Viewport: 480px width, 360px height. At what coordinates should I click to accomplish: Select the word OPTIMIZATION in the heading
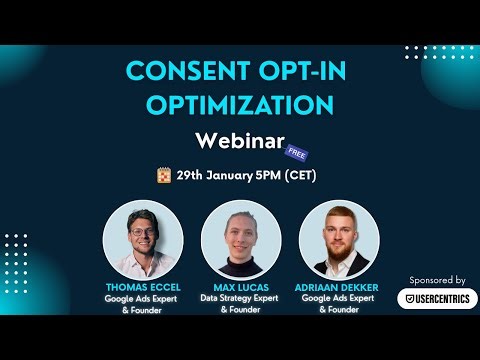pyautogui.click(x=241, y=105)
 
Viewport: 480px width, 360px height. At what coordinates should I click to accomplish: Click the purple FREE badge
pyautogui.click(x=296, y=152)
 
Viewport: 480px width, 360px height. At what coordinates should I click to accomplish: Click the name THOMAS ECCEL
pyautogui.click(x=143, y=286)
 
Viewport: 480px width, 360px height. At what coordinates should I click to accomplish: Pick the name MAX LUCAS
pyautogui.click(x=240, y=286)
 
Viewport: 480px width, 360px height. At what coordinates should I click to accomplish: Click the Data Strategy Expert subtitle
pyautogui.click(x=240, y=298)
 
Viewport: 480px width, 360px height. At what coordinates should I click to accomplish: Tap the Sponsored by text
pyautogui.click(x=437, y=280)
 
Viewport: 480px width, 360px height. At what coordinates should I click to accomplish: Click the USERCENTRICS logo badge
pyautogui.click(x=437, y=298)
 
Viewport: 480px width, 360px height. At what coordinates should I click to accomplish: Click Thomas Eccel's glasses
pyautogui.click(x=143, y=232)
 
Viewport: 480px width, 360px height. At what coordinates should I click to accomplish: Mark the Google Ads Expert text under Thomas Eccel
pyautogui.click(x=143, y=298)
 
